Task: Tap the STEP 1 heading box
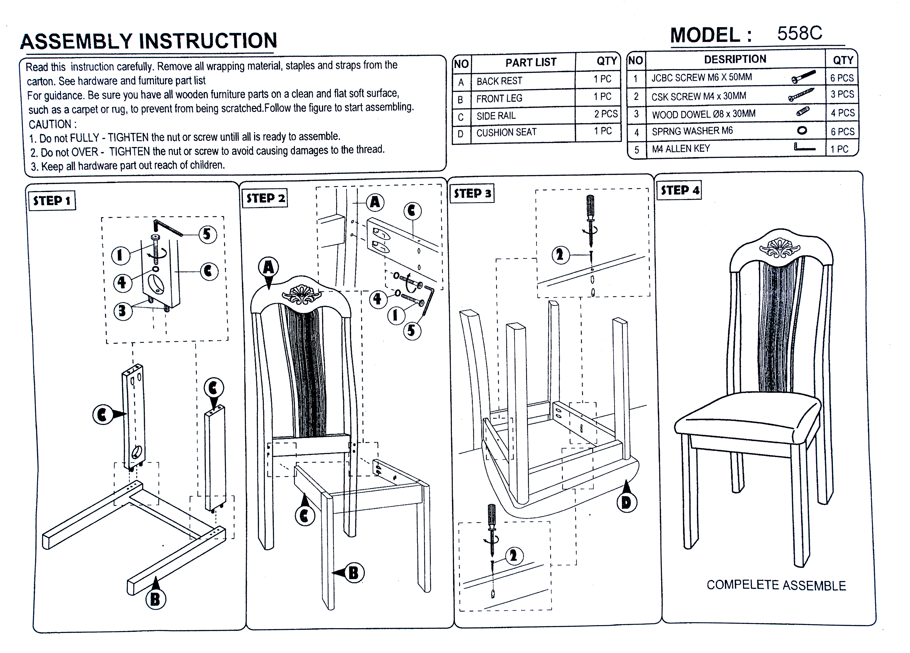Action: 52,200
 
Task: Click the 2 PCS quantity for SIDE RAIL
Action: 606,114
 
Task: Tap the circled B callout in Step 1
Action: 155,600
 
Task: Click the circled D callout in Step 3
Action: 626,502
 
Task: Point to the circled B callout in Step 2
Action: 353,573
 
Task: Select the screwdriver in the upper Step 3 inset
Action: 590,218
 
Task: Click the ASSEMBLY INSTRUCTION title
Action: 148,41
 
